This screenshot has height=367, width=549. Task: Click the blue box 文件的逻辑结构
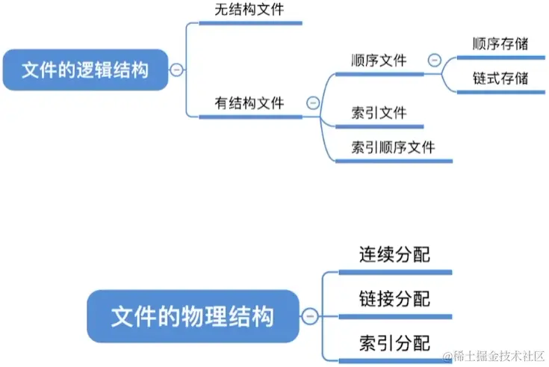(84, 70)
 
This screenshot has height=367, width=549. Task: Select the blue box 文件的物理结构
(192, 317)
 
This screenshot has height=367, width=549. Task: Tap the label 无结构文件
(249, 10)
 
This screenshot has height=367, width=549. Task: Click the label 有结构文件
(249, 103)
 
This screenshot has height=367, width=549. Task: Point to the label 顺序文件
(379, 60)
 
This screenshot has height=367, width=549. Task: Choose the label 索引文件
(379, 113)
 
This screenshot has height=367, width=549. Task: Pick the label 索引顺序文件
(393, 147)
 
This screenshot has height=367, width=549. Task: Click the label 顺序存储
(500, 43)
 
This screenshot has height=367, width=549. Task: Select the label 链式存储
(500, 78)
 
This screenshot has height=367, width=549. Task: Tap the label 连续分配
(394, 254)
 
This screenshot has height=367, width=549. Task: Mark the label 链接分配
(394, 299)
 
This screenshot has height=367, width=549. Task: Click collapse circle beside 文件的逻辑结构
(176, 70)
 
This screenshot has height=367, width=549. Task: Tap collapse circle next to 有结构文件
(312, 103)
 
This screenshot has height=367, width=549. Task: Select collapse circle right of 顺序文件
(433, 60)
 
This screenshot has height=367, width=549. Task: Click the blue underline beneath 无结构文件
(250, 23)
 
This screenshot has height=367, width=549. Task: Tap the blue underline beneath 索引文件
(379, 127)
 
